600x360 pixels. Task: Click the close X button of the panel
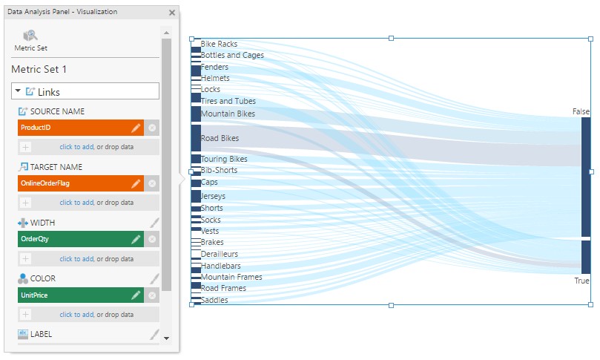click(x=172, y=13)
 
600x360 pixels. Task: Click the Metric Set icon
click(x=30, y=36)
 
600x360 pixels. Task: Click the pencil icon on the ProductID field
click(x=136, y=128)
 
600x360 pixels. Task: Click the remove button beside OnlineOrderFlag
click(x=152, y=183)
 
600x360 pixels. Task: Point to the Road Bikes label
click(x=220, y=138)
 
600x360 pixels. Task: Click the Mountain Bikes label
click(x=228, y=114)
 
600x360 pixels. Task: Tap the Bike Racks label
click(x=219, y=45)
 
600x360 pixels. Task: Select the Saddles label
click(x=214, y=300)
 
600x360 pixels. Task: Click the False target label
click(x=581, y=111)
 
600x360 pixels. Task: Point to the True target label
click(x=581, y=281)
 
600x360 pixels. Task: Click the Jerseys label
click(x=214, y=196)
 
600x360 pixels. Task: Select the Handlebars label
click(x=220, y=266)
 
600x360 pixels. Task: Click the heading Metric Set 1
click(x=39, y=69)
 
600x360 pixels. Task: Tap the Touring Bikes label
click(x=224, y=159)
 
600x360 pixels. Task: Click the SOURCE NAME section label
click(x=57, y=111)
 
